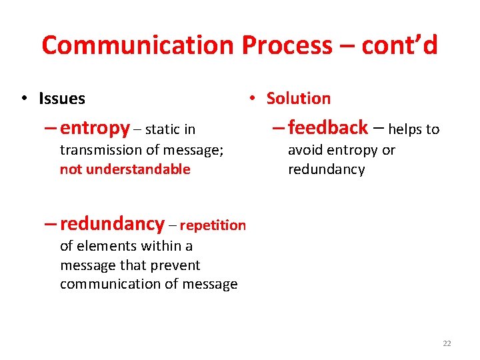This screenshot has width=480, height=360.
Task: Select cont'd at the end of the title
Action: pyautogui.click(x=399, y=45)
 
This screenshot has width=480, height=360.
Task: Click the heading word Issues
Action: pyautogui.click(x=62, y=99)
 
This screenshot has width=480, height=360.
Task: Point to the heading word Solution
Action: pyautogui.click(x=298, y=98)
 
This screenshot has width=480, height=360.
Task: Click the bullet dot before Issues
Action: pyautogui.click(x=23, y=99)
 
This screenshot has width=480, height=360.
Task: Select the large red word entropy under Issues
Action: pyautogui.click(x=95, y=127)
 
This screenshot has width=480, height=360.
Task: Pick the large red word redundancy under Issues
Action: pyautogui.click(x=112, y=223)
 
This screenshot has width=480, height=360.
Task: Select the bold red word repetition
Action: pyautogui.click(x=213, y=225)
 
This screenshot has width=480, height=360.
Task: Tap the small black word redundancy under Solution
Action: pyautogui.click(x=326, y=169)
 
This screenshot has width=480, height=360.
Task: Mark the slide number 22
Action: pyautogui.click(x=447, y=343)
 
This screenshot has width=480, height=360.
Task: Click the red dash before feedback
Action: pyautogui.click(x=277, y=127)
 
